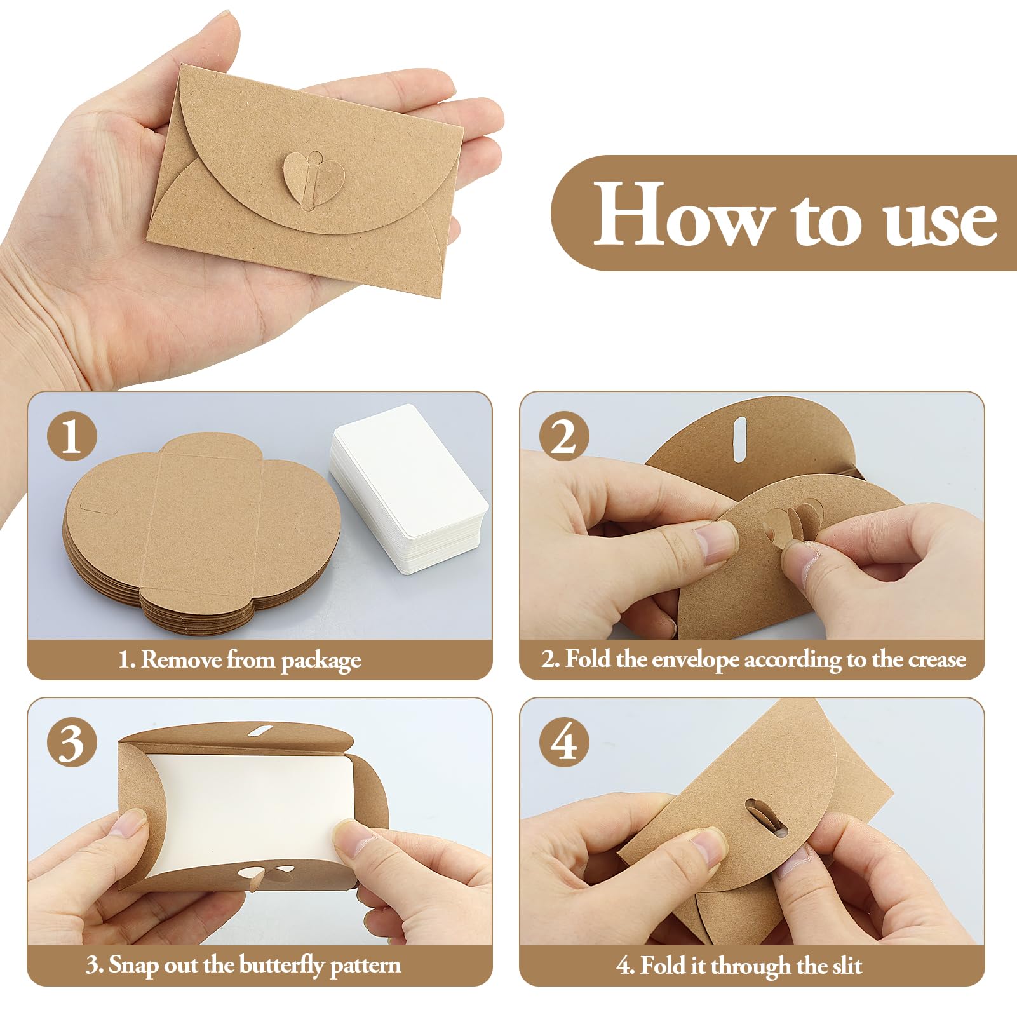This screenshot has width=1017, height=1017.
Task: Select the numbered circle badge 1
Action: (x=72, y=436)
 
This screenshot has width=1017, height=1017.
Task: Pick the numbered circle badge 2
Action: (x=564, y=436)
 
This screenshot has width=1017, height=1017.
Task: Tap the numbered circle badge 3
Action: (x=72, y=742)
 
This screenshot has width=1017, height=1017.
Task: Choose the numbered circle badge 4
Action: (x=564, y=742)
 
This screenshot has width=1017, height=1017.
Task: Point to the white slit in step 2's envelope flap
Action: (x=739, y=440)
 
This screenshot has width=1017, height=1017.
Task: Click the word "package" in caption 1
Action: (x=321, y=661)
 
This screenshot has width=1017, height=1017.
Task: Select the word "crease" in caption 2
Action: (x=938, y=660)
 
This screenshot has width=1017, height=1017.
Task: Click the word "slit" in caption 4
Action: (x=847, y=966)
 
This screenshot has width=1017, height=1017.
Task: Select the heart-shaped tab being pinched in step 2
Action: (x=793, y=525)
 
